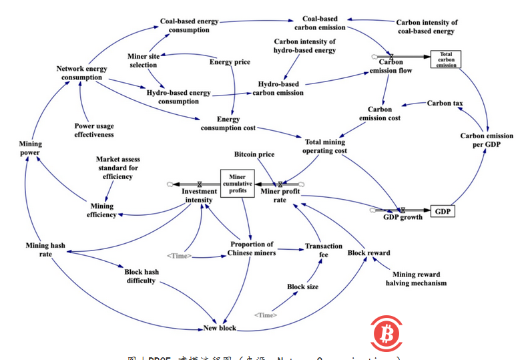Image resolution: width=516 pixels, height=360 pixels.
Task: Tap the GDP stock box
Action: pyautogui.click(x=442, y=212)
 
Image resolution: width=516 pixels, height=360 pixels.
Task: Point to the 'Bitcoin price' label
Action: pyautogui.click(x=254, y=154)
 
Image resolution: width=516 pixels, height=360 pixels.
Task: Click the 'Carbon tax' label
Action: pyautogui.click(x=445, y=103)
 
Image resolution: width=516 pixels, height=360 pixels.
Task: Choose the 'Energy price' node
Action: pyautogui.click(x=230, y=62)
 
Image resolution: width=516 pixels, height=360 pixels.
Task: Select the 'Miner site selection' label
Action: pyautogui.click(x=143, y=61)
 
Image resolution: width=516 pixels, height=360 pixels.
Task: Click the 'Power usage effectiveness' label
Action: pyautogui.click(x=93, y=130)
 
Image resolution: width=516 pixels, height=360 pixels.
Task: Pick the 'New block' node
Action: pyautogui.click(x=220, y=328)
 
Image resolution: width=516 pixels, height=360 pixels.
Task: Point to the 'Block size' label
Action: pyautogui.click(x=302, y=287)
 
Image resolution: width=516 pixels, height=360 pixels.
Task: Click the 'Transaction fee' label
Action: pyautogui.click(x=323, y=250)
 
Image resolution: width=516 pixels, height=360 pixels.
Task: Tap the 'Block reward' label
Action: pyautogui.click(x=368, y=253)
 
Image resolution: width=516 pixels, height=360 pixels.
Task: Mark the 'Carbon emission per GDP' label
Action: pyautogui.click(x=487, y=140)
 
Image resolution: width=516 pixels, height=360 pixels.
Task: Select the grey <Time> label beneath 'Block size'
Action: pyautogui.click(x=266, y=315)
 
